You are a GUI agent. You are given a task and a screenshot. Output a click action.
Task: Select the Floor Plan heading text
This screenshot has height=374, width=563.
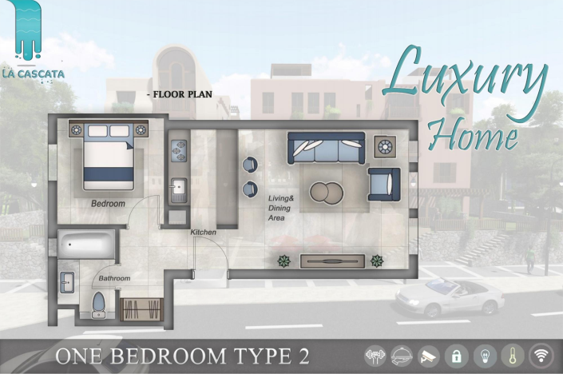click(x=181, y=94)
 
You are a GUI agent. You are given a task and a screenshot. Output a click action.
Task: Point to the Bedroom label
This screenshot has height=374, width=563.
click(x=108, y=204)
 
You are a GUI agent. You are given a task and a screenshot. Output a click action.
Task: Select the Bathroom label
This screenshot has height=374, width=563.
click(x=114, y=278)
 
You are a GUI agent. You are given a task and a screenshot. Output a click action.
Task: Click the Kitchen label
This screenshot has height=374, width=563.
click(x=203, y=232)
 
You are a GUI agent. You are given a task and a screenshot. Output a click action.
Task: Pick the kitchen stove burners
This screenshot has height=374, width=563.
click(x=178, y=149)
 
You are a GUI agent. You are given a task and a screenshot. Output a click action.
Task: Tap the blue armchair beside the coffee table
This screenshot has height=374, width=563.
click(x=383, y=183)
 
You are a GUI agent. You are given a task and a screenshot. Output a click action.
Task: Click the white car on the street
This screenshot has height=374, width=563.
click(x=450, y=297)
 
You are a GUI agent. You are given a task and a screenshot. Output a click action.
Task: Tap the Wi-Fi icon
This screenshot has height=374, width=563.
click(x=541, y=356)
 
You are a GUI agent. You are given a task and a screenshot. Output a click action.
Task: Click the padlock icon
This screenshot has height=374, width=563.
click(x=458, y=356)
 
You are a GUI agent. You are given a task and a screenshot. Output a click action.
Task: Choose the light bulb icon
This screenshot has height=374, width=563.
click(x=486, y=356)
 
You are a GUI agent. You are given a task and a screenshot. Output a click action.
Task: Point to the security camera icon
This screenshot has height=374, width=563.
click(x=430, y=356)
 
